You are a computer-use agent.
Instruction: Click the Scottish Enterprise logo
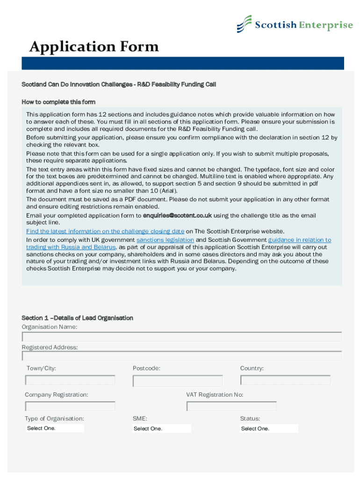click(295, 24)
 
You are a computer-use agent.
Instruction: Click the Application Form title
click(94, 47)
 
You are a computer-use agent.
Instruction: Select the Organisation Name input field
click(181, 337)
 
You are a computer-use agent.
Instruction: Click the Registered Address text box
click(181, 356)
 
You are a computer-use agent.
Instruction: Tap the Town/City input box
click(70, 380)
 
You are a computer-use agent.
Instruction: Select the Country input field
click(285, 380)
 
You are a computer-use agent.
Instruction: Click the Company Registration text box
click(70, 406)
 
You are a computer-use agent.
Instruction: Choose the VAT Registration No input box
click(231, 406)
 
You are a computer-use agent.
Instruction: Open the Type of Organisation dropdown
click(55, 428)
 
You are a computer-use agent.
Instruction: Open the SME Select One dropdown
click(162, 428)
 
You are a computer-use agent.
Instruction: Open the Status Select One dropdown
click(269, 428)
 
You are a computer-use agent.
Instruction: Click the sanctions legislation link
click(165, 240)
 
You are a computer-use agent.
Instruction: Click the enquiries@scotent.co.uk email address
click(178, 216)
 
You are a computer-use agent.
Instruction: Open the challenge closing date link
click(105, 231)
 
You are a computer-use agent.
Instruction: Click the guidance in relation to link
click(299, 240)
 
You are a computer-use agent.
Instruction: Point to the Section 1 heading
click(78, 318)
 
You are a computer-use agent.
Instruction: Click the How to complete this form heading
click(58, 102)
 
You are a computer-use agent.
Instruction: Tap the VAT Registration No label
click(215, 395)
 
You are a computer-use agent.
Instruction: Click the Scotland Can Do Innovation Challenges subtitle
click(119, 85)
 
